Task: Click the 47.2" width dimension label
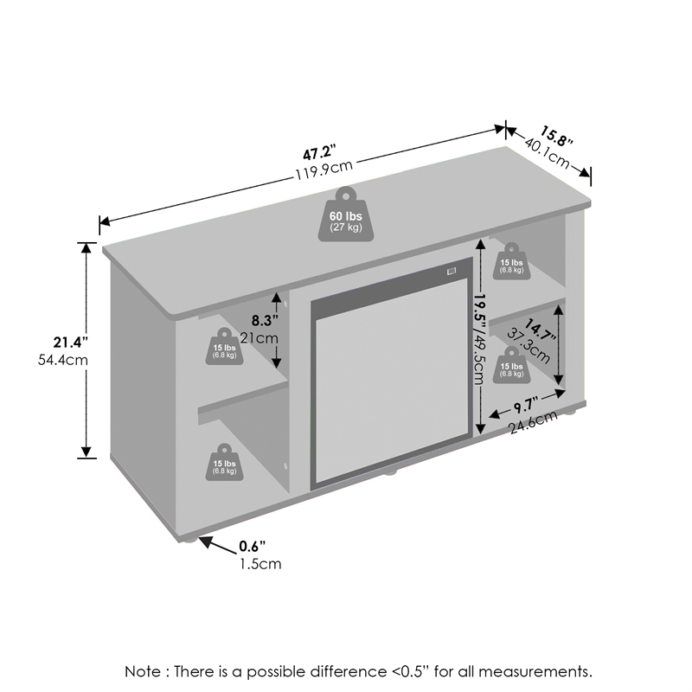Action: coord(319,152)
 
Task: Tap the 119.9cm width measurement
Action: coord(324,169)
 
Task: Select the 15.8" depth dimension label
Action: coord(556,136)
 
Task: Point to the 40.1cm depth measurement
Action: coord(548,153)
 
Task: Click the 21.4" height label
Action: coord(71,342)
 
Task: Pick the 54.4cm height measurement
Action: coord(63,360)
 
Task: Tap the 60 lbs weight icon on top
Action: coord(346,215)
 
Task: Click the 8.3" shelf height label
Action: coord(265,320)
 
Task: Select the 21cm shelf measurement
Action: coord(259,338)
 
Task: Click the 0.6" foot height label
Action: coord(253,547)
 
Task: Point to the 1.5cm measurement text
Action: coord(260,564)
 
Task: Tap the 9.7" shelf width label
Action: coord(526,406)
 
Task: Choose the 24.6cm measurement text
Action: coord(534,422)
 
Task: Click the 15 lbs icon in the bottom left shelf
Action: coord(224,463)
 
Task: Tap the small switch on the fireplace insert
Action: coord(451,271)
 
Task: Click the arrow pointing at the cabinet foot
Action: coord(218,546)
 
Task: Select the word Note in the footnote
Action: coord(143,671)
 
